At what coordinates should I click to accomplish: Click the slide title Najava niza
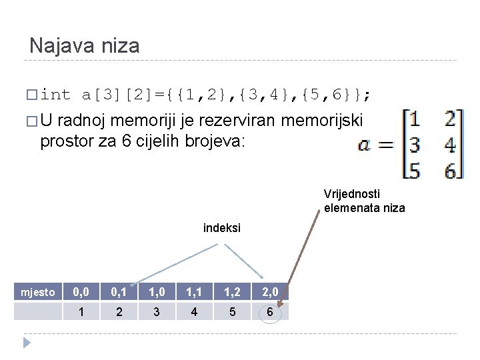(x=85, y=46)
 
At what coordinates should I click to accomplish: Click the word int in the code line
(x=55, y=95)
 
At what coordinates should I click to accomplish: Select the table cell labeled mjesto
(x=38, y=292)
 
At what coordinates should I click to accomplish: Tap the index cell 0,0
(x=82, y=292)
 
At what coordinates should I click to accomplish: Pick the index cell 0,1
(x=119, y=292)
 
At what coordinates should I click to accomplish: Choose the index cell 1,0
(x=157, y=292)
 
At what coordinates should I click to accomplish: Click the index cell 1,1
(x=194, y=292)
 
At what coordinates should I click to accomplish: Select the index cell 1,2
(x=231, y=292)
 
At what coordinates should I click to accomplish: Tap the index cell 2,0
(x=269, y=292)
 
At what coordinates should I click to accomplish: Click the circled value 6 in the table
(x=269, y=311)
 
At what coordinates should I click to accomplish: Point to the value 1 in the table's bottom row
(x=82, y=311)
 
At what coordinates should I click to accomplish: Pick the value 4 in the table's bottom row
(x=194, y=311)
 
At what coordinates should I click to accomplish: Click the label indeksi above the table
(x=221, y=228)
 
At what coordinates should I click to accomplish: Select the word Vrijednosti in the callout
(x=352, y=194)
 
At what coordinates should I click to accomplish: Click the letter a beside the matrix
(x=365, y=145)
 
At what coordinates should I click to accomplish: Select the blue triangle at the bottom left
(x=27, y=343)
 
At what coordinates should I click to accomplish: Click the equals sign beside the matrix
(x=386, y=145)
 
